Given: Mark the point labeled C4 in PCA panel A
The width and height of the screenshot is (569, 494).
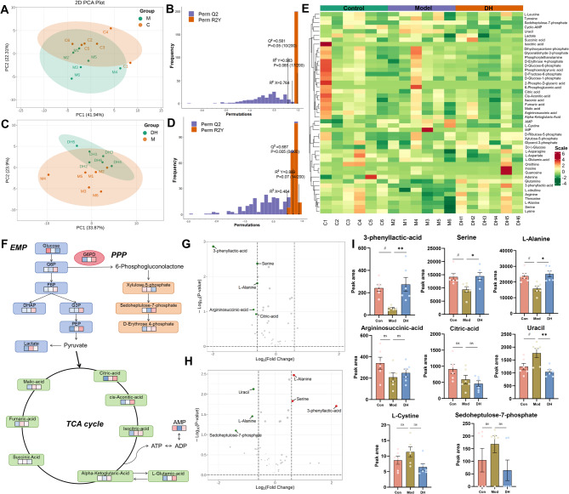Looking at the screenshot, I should pos(106,31).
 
